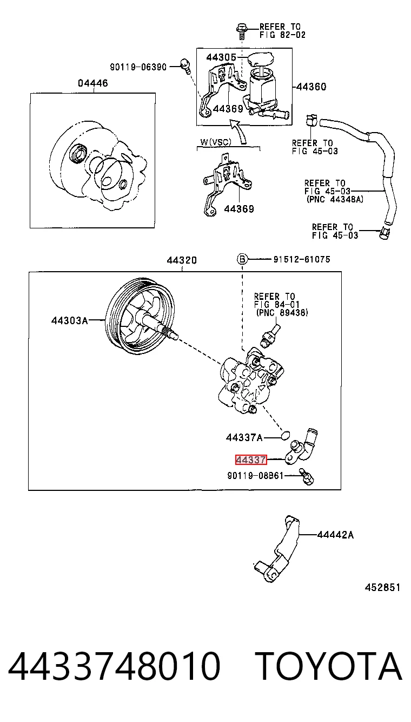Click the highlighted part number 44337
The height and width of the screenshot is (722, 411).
pos(251,460)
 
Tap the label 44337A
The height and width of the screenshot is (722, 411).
pos(244,437)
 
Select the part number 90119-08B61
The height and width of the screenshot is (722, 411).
pos(255,475)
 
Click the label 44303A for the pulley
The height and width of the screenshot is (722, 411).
pos(70,320)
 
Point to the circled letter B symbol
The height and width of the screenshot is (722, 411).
pos(242,259)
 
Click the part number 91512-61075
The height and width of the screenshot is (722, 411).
pos(302,259)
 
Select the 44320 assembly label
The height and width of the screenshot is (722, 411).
pos(182,260)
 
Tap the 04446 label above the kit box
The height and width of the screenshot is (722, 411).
pos(93,83)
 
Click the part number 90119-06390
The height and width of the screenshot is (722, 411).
pos(138,67)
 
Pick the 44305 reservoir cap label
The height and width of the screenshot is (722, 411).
pos(221,57)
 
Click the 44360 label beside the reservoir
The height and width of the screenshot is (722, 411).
pos(311,87)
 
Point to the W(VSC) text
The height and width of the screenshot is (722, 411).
pos(215,142)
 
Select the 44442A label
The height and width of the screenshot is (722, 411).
pos(335,535)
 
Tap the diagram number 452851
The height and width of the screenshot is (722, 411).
pos(382,587)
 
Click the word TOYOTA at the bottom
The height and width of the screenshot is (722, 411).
pos(330,666)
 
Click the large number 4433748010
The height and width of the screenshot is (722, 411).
pos(114,666)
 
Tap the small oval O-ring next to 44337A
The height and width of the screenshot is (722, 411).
pos(285,435)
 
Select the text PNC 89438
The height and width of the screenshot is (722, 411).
pos(282,312)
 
